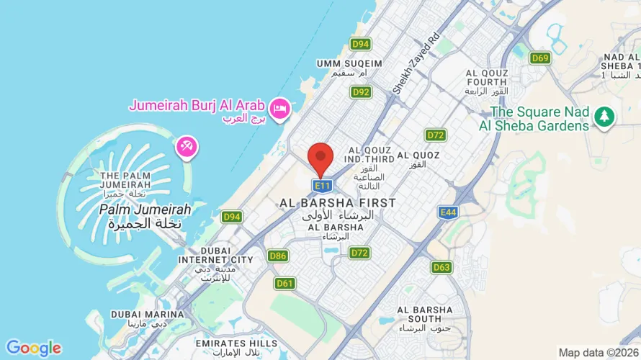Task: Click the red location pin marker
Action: click(320, 158)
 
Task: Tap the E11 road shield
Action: click(321, 186)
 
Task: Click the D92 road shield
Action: click(361, 92)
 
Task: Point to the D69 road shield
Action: click(540, 58)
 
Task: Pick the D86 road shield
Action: click(277, 256)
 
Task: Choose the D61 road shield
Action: click(285, 283)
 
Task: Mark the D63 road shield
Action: click(441, 267)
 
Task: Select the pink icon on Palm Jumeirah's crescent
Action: click(186, 147)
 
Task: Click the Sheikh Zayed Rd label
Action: click(416, 63)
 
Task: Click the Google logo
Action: click(33, 348)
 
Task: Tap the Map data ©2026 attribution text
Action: click(598, 352)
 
